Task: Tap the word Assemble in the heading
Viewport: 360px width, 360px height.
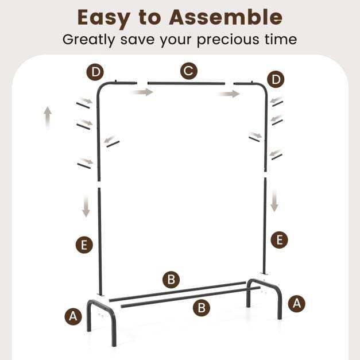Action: pyautogui.click(x=226, y=17)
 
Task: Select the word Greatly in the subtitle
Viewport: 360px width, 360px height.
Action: pyautogui.click(x=88, y=40)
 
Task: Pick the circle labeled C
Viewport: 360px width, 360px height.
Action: pyautogui.click(x=189, y=71)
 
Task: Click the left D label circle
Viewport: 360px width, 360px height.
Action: pyautogui.click(x=95, y=72)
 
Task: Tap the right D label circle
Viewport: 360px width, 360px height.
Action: pyautogui.click(x=276, y=79)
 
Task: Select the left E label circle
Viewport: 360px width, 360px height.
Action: pyautogui.click(x=84, y=245)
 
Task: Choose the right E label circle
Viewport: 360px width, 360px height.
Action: pyautogui.click(x=280, y=240)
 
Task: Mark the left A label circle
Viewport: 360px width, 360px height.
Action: pyautogui.click(x=73, y=316)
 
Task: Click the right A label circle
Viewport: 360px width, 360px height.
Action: pyautogui.click(x=297, y=304)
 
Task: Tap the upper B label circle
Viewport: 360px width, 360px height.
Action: pyautogui.click(x=171, y=280)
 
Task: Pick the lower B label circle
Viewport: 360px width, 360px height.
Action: pyautogui.click(x=202, y=308)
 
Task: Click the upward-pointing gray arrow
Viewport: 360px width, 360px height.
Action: pyautogui.click(x=48, y=118)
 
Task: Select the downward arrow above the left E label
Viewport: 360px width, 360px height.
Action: pyautogui.click(x=86, y=206)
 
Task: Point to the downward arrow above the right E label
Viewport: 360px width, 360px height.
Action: pyautogui.click(x=274, y=200)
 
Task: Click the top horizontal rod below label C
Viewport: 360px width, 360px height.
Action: pyautogui.click(x=187, y=83)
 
